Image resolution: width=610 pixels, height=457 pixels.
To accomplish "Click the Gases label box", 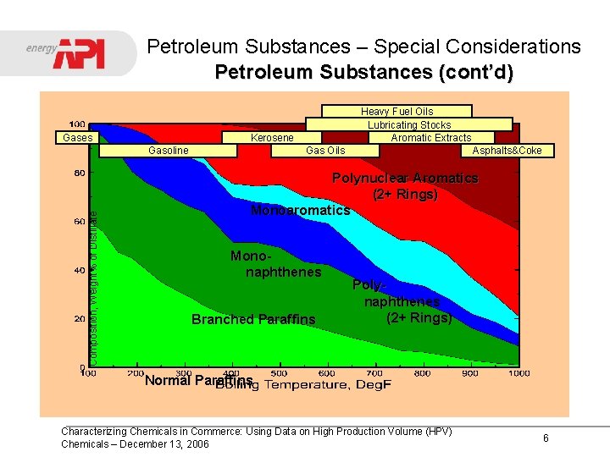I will pyautogui.click(x=78, y=137).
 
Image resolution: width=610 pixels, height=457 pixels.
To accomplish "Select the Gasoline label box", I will pyautogui.click(x=168, y=151).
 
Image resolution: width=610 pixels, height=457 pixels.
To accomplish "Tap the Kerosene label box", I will pyautogui.click(x=272, y=138).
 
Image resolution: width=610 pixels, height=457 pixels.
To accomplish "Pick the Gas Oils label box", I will pyautogui.click(x=325, y=151).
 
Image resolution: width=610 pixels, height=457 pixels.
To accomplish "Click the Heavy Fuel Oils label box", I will pyautogui.click(x=396, y=111).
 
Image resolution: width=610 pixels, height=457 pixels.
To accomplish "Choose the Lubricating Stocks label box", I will pyautogui.click(x=409, y=124).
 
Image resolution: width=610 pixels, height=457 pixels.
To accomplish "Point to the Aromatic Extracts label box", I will pyautogui.click(x=430, y=137).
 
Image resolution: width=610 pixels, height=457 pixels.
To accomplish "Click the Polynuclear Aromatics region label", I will pyautogui.click(x=405, y=186).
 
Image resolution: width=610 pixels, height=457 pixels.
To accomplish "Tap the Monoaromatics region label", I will pyautogui.click(x=300, y=210).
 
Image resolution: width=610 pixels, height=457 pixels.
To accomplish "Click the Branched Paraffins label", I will pyautogui.click(x=253, y=319).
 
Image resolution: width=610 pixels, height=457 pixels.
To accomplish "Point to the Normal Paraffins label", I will pyautogui.click(x=198, y=380).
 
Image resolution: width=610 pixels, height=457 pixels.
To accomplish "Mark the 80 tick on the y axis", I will pyautogui.click(x=78, y=173).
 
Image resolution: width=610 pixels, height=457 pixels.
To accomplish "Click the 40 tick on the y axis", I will pyautogui.click(x=78, y=271).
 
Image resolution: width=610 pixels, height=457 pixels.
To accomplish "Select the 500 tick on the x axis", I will pyautogui.click(x=278, y=373).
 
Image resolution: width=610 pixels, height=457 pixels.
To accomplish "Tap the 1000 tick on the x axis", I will pyautogui.click(x=519, y=373).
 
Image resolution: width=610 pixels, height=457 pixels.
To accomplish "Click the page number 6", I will pyautogui.click(x=546, y=438).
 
